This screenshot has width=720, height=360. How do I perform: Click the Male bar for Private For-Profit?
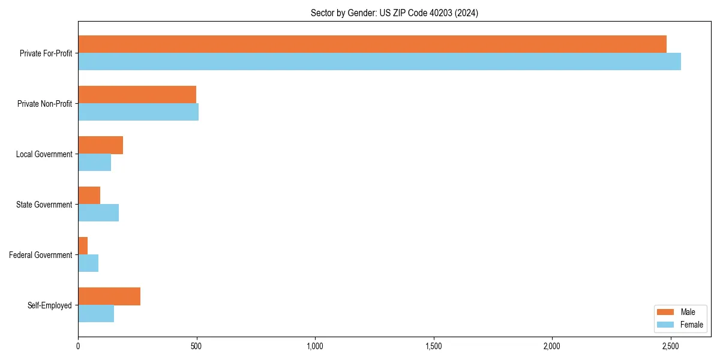point(372,44)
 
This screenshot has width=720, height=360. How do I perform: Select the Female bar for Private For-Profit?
point(379,62)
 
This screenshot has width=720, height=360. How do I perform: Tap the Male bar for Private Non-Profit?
point(137,95)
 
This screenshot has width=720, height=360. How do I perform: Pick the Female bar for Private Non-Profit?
point(138,112)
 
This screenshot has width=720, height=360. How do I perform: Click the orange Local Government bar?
point(100,145)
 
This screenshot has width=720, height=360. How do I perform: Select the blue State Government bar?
point(98,213)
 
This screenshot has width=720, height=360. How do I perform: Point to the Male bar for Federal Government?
point(83,246)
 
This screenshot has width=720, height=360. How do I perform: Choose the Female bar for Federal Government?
point(88,263)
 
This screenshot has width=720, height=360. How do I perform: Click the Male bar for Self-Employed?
point(109,296)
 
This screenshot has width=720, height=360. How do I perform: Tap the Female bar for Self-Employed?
point(96,314)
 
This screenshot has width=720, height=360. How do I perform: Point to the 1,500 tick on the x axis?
point(433,346)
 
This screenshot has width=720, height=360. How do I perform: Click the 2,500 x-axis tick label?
point(670,346)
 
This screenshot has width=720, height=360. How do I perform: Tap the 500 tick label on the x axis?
point(196,346)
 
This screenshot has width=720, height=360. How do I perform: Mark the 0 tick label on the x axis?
point(78,346)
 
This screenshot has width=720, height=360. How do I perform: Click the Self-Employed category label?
point(49,305)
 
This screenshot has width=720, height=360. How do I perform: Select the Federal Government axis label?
point(41,255)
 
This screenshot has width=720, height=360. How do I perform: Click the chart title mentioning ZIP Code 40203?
point(394,13)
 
